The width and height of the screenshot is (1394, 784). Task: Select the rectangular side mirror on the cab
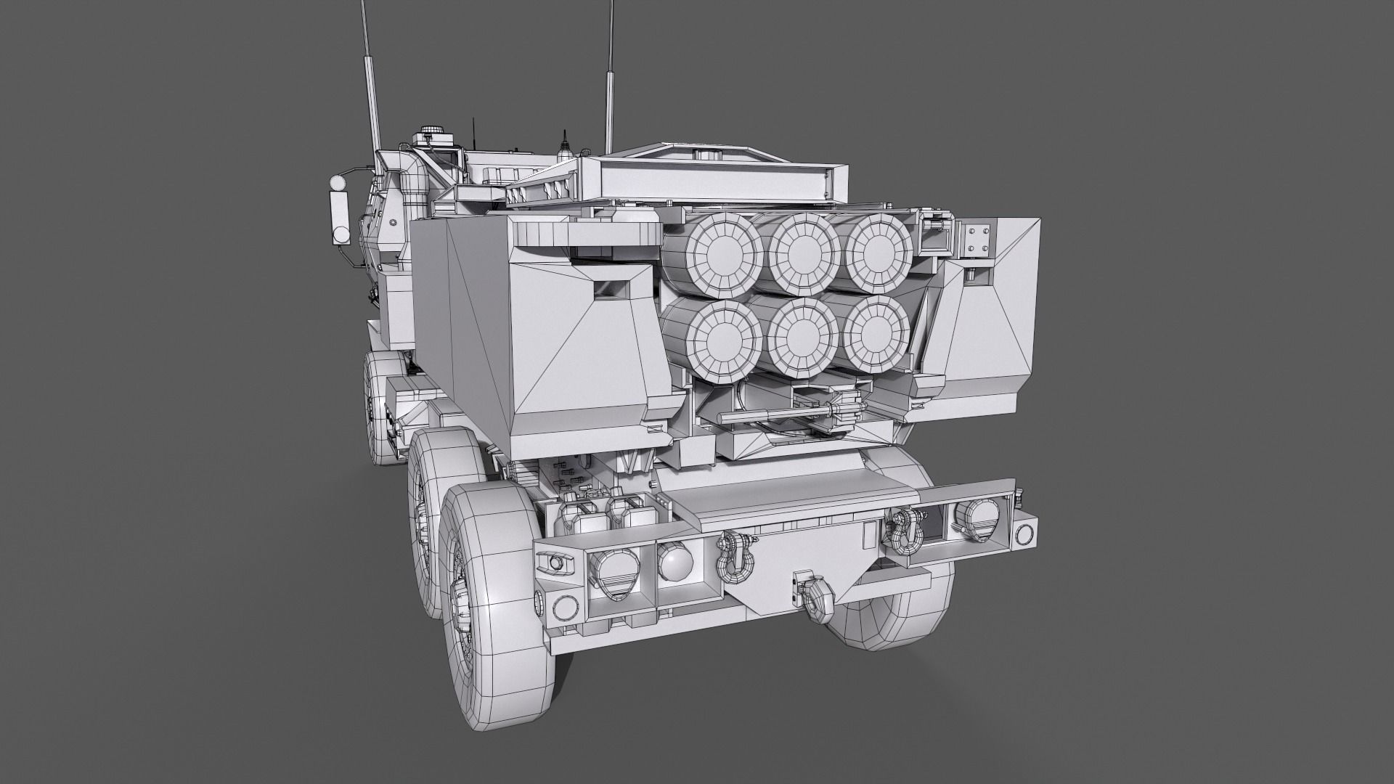339,211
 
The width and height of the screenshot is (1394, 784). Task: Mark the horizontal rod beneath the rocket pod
777,415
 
